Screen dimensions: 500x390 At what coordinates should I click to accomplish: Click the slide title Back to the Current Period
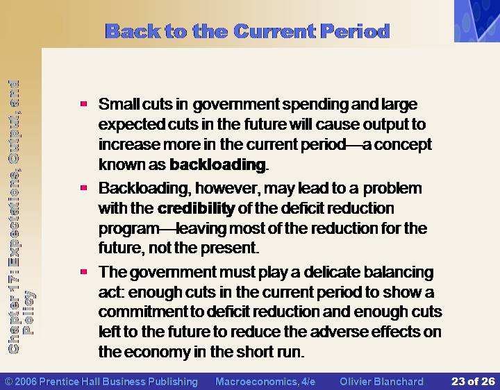click(247, 31)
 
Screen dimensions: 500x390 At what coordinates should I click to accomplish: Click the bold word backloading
click(217, 164)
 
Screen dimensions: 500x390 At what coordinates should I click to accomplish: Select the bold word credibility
click(196, 208)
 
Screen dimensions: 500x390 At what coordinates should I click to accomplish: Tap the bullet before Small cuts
click(84, 104)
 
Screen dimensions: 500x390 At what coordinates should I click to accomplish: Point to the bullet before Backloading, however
click(84, 188)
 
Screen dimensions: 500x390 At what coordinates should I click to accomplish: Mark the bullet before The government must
click(84, 272)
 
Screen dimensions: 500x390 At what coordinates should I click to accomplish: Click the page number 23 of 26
click(473, 382)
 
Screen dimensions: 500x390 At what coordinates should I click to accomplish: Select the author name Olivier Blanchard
click(381, 382)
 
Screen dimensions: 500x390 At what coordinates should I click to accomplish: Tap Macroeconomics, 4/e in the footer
click(265, 382)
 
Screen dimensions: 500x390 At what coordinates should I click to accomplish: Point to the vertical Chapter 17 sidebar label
click(20, 217)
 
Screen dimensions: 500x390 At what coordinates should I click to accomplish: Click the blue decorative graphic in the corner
click(477, 21)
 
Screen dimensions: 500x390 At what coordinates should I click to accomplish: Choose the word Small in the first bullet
click(119, 104)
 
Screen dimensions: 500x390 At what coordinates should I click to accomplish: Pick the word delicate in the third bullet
click(332, 272)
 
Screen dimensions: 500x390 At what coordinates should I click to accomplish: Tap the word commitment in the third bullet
click(143, 312)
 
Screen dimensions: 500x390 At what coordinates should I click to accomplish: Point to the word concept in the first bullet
click(403, 145)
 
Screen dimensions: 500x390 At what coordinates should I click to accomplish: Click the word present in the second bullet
click(230, 248)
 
